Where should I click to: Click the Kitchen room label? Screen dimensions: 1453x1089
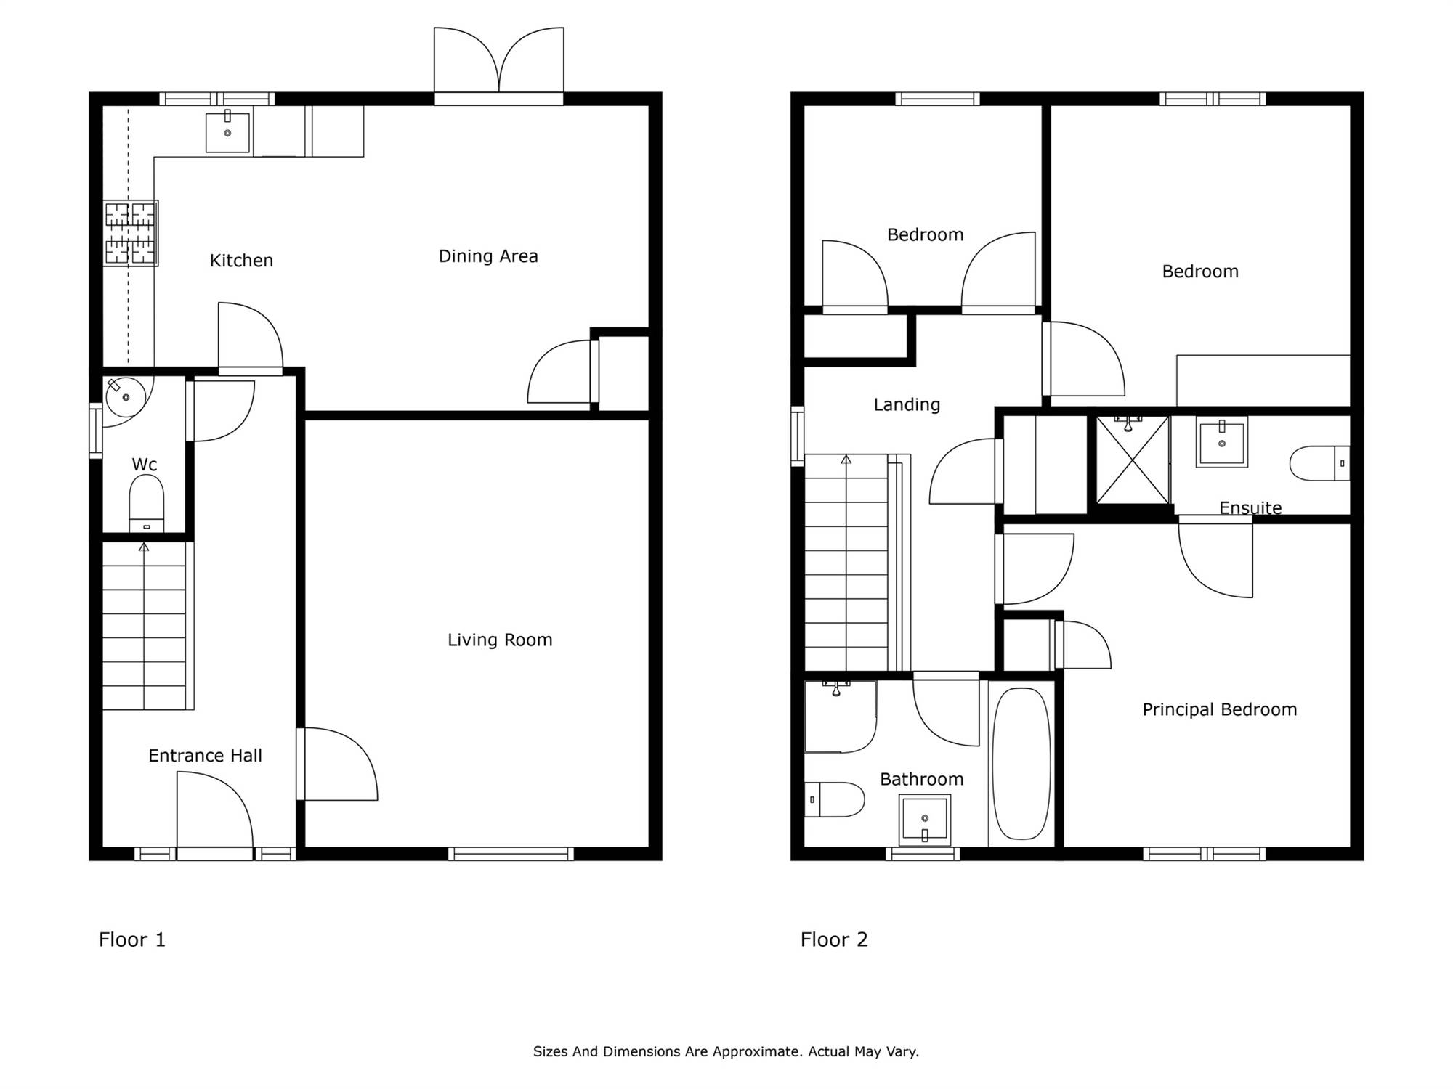tap(241, 261)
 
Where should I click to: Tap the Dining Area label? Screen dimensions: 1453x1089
tap(488, 256)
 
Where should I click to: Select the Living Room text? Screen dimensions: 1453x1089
tap(500, 640)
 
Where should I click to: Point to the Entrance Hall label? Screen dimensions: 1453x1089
tap(205, 756)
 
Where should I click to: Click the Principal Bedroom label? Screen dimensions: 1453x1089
tap(1220, 710)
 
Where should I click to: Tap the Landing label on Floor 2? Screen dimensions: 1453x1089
tap(907, 405)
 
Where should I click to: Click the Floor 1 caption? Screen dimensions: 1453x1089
tap(132, 940)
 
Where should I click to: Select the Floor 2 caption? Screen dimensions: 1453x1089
tap(834, 940)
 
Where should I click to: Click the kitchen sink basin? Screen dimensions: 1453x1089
tap(227, 132)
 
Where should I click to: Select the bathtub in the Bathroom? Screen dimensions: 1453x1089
tap(1021, 763)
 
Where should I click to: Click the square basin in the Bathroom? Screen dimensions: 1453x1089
tap(925, 820)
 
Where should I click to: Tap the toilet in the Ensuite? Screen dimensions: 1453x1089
tap(1319, 463)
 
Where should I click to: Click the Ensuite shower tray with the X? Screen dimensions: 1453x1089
tap(1133, 460)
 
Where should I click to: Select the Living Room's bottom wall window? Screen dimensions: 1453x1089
tap(511, 854)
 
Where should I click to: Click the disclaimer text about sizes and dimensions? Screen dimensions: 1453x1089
tap(726, 1051)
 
